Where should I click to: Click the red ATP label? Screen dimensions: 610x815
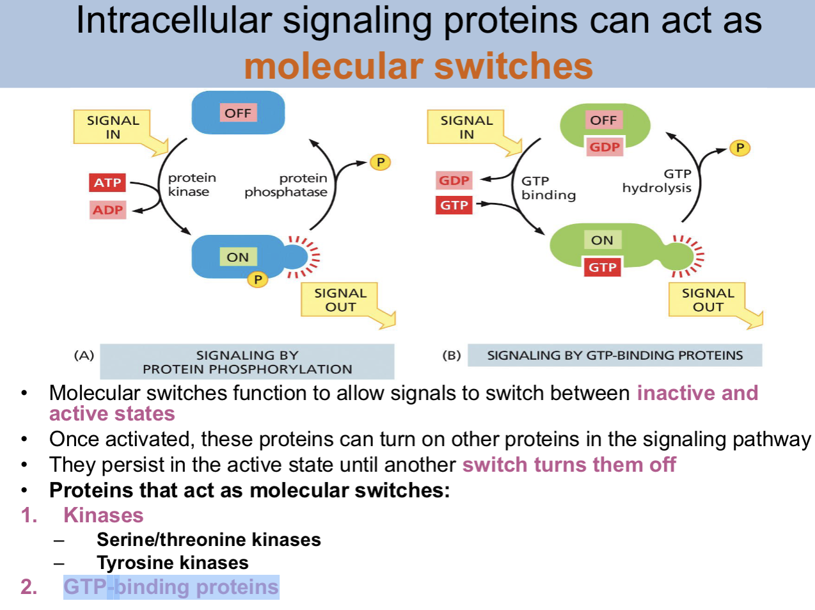(107, 182)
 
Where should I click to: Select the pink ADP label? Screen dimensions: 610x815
(107, 210)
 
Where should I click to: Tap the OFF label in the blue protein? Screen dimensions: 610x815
(238, 113)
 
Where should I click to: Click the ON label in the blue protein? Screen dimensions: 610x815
(237, 257)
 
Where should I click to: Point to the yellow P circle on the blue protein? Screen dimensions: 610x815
(258, 279)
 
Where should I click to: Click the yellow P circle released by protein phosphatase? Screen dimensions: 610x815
(380, 163)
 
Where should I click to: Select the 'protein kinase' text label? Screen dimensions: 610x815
(191, 184)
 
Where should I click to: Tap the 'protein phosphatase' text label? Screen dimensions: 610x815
(286, 185)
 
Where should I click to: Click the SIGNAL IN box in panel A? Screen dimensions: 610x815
(113, 127)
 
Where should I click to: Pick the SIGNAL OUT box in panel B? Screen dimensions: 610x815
(708, 300)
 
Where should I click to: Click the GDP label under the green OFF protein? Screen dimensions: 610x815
(605, 147)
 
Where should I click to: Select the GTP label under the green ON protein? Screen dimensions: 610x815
(603, 267)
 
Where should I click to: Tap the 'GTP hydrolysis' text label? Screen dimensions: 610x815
(657, 181)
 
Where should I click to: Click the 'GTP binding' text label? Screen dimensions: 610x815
(548, 188)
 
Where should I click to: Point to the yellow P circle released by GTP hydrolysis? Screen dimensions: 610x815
(740, 148)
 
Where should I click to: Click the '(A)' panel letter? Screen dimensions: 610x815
(84, 355)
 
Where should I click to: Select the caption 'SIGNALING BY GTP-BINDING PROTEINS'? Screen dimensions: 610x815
(615, 355)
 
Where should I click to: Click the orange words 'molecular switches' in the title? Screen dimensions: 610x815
(418, 66)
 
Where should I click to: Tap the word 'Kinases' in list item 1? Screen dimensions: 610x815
(104, 515)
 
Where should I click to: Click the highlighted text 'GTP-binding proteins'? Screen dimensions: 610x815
(171, 587)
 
